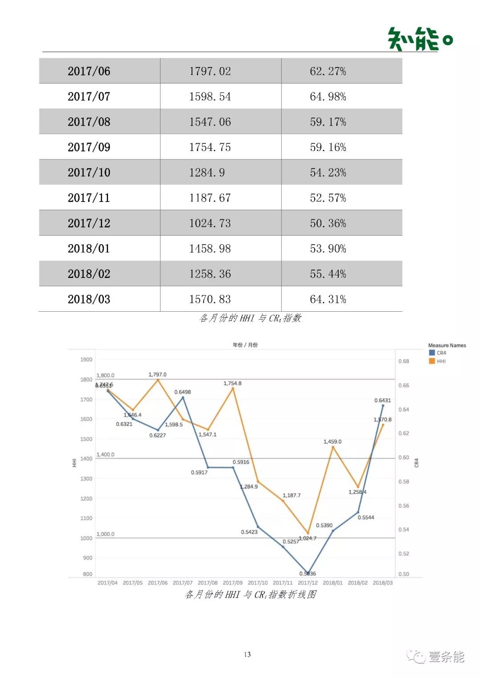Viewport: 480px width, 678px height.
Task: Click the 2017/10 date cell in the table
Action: click(89, 172)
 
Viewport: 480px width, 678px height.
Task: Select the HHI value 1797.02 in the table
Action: click(210, 71)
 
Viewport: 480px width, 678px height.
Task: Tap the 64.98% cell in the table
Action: click(328, 96)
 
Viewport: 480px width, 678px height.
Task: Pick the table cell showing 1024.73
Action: click(210, 223)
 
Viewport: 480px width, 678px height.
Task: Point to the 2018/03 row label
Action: click(89, 299)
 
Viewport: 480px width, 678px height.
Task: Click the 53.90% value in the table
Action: click(328, 248)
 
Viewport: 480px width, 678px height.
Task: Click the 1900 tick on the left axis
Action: click(86, 360)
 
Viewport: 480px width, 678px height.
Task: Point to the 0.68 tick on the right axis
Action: click(404, 361)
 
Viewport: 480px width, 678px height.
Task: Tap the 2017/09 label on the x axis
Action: click(232, 583)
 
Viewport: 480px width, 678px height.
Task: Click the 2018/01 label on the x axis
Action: click(332, 583)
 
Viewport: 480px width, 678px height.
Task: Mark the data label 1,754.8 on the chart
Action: click(232, 383)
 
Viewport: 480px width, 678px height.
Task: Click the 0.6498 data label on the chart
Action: click(182, 392)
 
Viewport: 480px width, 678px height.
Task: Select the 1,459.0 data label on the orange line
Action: click(332, 442)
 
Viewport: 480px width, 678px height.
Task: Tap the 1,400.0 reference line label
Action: click(105, 455)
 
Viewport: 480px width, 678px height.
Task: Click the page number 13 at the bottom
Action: click(247, 654)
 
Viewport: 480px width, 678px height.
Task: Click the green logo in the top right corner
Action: click(420, 39)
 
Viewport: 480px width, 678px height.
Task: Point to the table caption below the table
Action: click(250, 318)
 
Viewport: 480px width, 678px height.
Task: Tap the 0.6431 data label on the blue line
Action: click(382, 400)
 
